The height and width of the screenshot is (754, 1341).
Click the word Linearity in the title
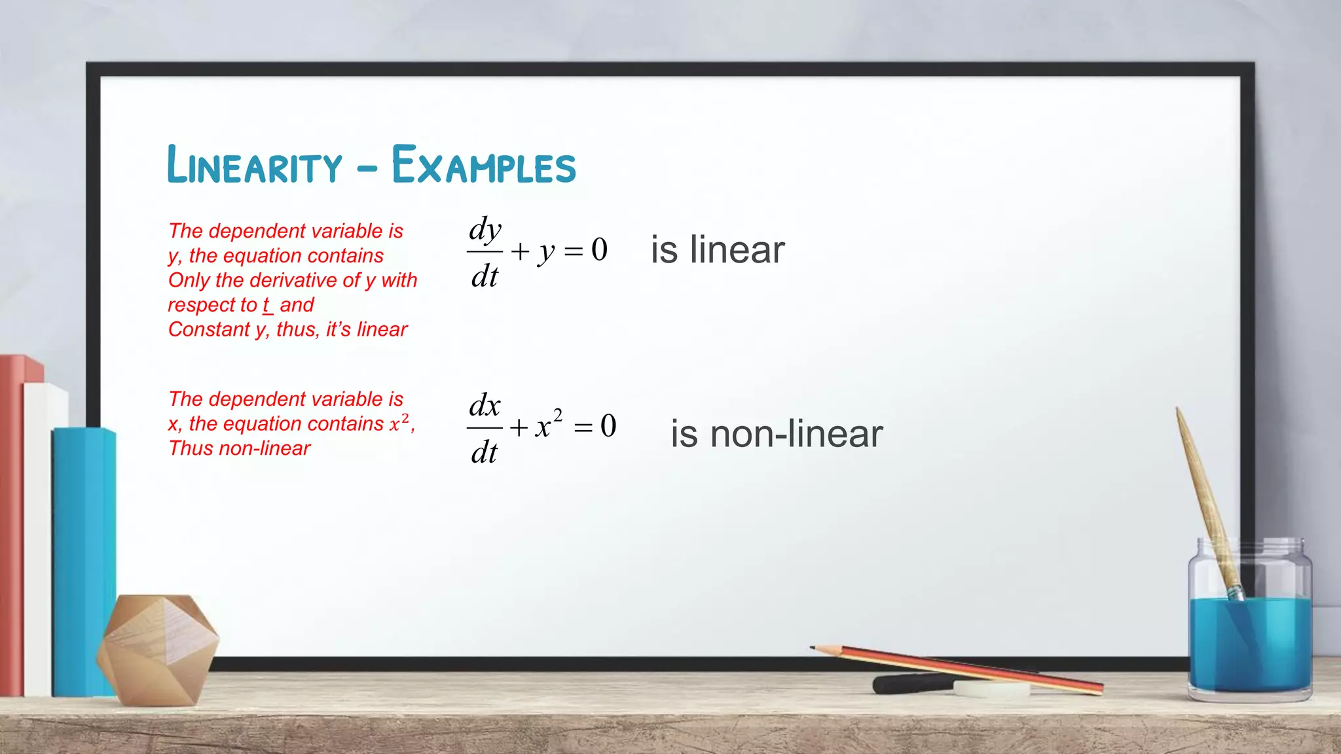pyautogui.click(x=255, y=165)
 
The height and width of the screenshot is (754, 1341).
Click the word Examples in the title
pyautogui.click(x=484, y=165)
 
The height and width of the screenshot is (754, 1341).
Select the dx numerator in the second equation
pyautogui.click(x=485, y=406)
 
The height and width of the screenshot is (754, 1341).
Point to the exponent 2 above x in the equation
pyautogui.click(x=558, y=415)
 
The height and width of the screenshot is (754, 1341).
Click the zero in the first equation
pyautogui.click(x=599, y=249)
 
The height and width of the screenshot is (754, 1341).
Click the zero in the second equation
pyautogui.click(x=608, y=426)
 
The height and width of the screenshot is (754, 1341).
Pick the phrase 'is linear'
pyautogui.click(x=718, y=250)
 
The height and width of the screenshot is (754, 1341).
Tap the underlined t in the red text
pyautogui.click(x=266, y=305)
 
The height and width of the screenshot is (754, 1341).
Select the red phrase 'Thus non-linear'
pyautogui.click(x=240, y=448)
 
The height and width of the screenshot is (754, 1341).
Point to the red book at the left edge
pyautogui.click(x=11, y=524)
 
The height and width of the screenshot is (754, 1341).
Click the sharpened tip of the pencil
pyautogui.click(x=814, y=648)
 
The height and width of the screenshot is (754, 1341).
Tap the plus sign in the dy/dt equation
pyautogui.click(x=520, y=251)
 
